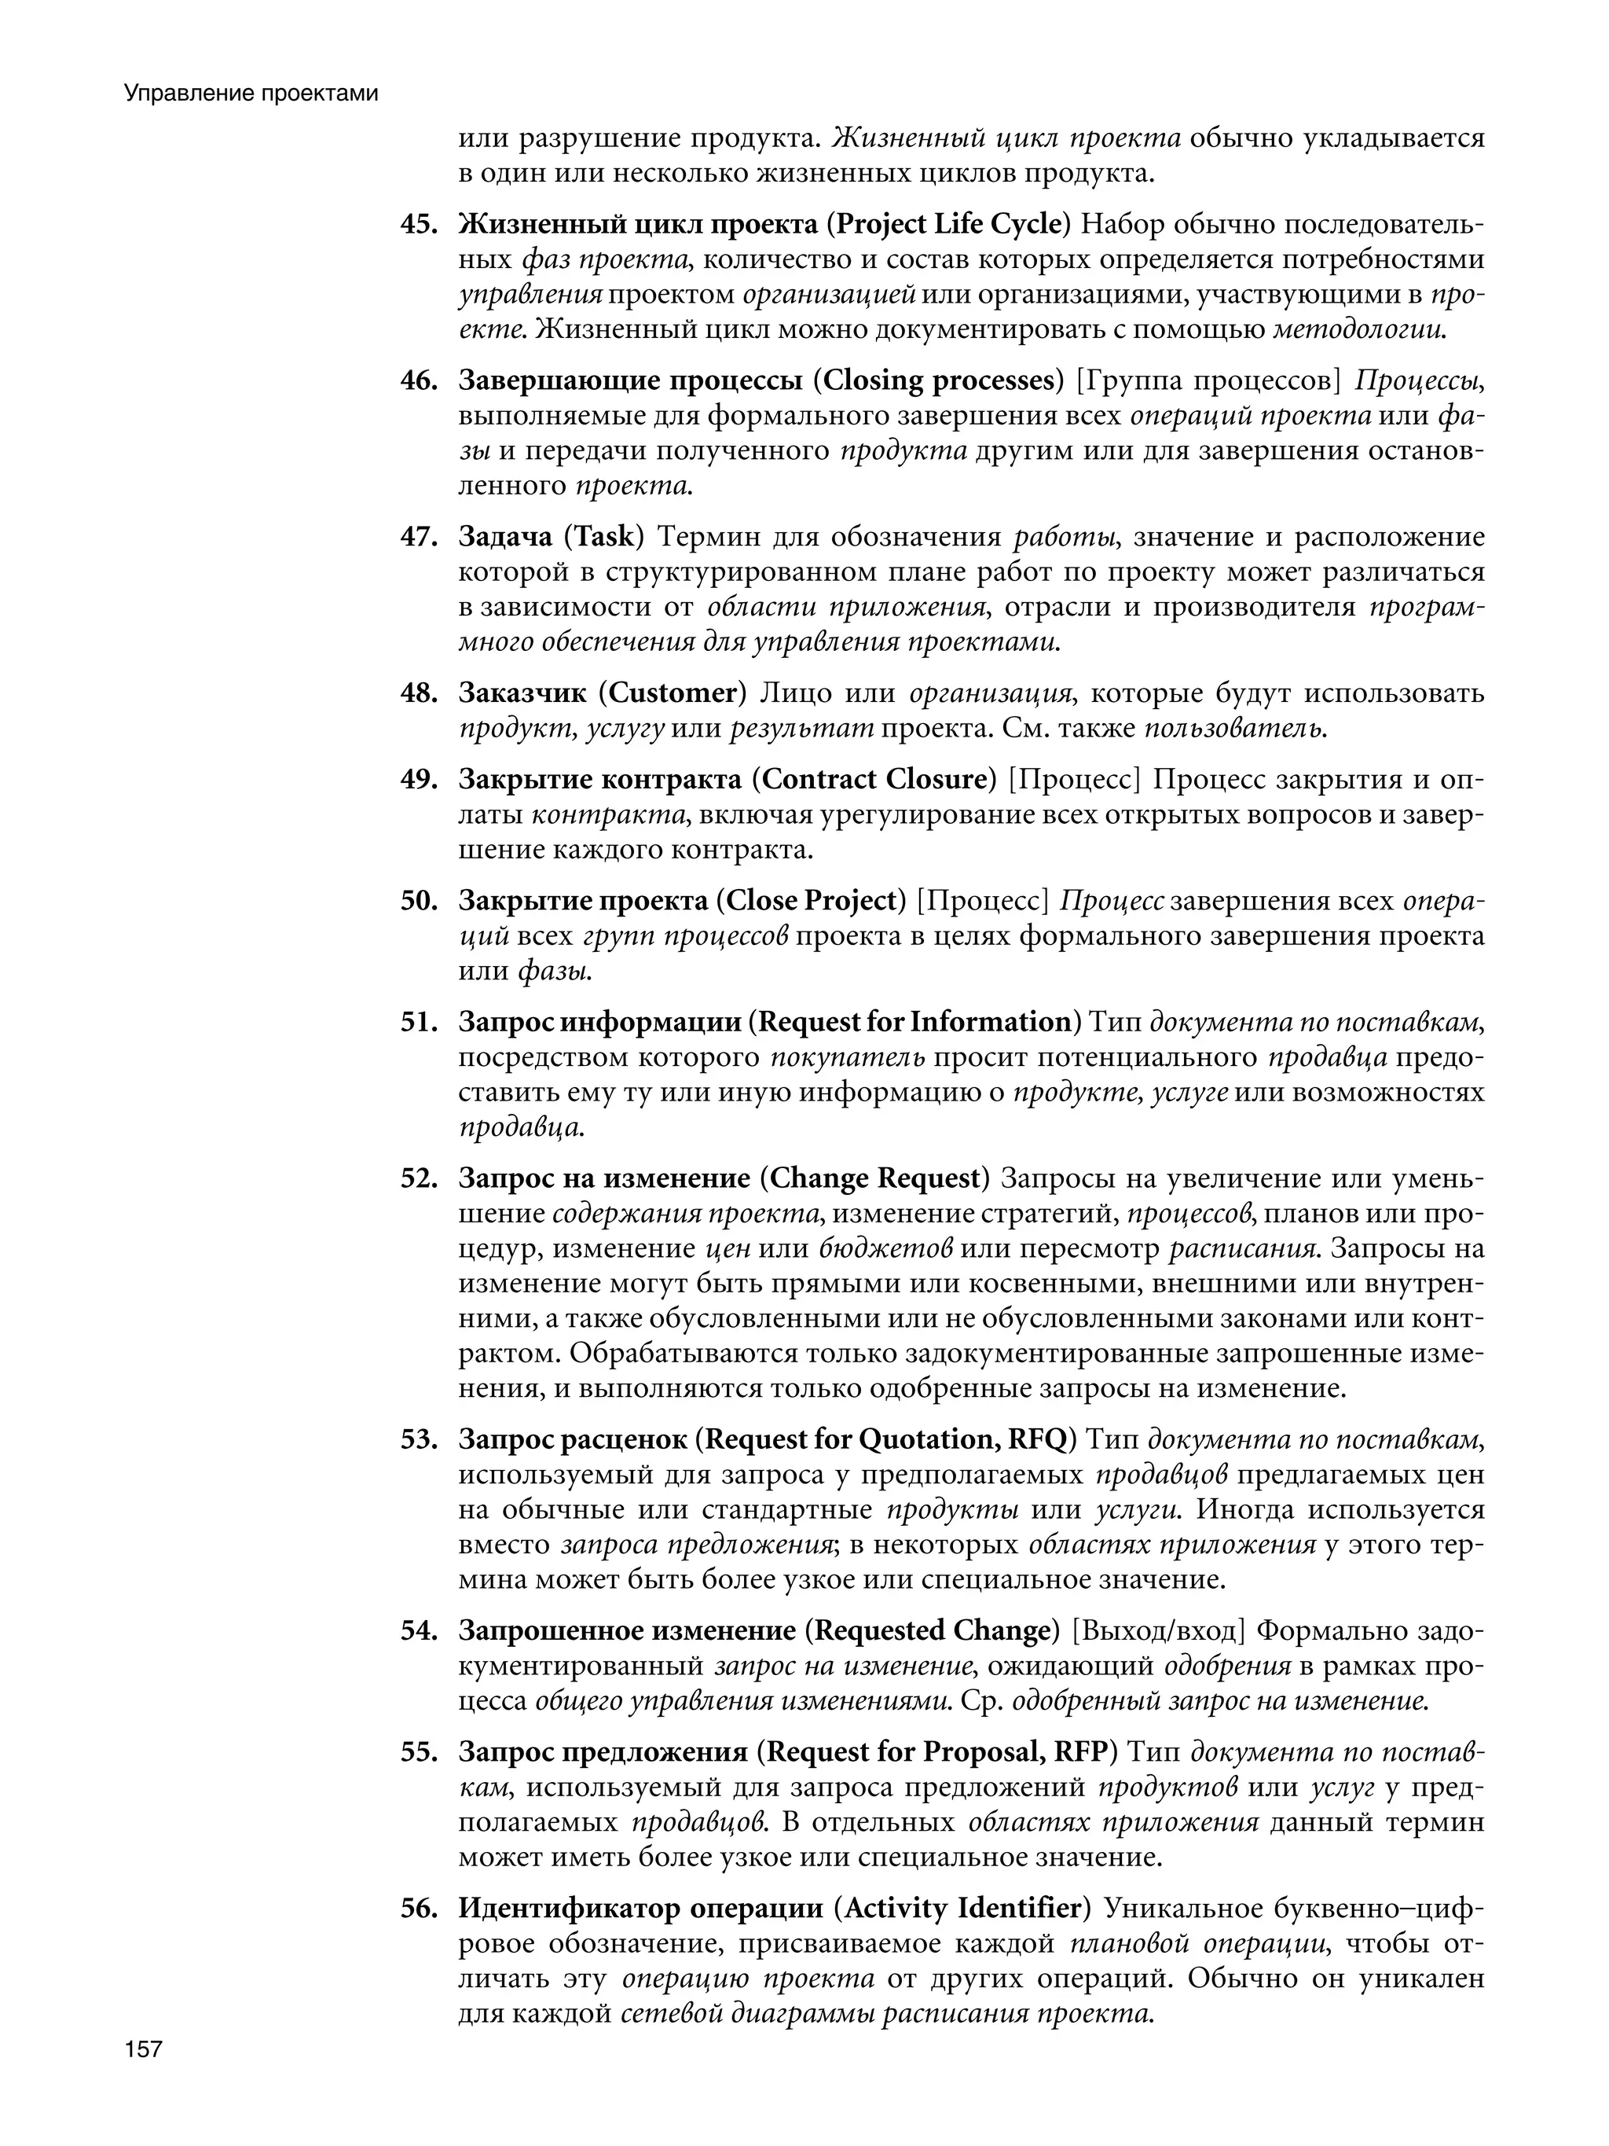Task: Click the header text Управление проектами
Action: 250,94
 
